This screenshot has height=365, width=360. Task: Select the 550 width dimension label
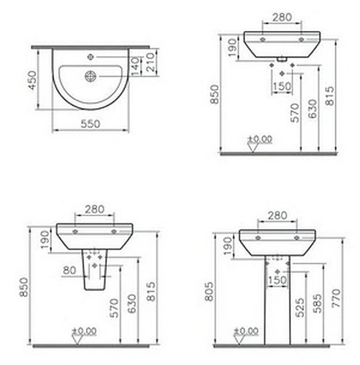(x=90, y=124)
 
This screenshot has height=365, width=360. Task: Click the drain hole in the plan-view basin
(x=90, y=74)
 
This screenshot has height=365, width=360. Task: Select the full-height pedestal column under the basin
(x=278, y=295)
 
